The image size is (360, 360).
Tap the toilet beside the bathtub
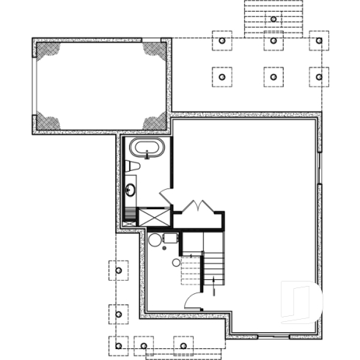(x=131, y=168)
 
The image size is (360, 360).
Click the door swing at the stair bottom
(x=194, y=301)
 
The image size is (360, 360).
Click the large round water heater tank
(x=155, y=240)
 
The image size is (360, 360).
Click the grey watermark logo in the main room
(x=302, y=300)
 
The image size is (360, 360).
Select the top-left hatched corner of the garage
(x=49, y=51)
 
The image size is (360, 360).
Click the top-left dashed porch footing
(x=222, y=40)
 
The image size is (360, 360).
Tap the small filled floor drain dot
(x=176, y=262)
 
